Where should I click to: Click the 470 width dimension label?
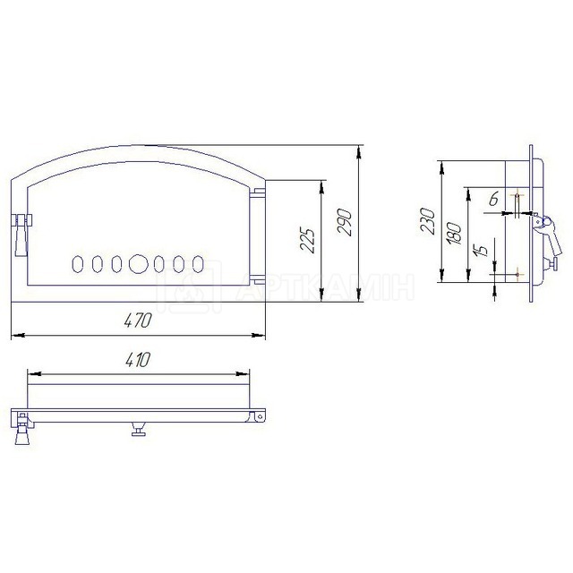tap(138, 321)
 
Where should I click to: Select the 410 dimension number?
tap(138, 360)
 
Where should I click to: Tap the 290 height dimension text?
tap(345, 222)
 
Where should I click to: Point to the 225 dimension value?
tap(307, 241)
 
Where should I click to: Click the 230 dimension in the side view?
tap(428, 221)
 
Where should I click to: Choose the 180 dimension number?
tap(454, 233)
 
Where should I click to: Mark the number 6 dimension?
tap(493, 199)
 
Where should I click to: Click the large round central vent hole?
tap(139, 264)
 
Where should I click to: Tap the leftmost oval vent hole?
tap(78, 264)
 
